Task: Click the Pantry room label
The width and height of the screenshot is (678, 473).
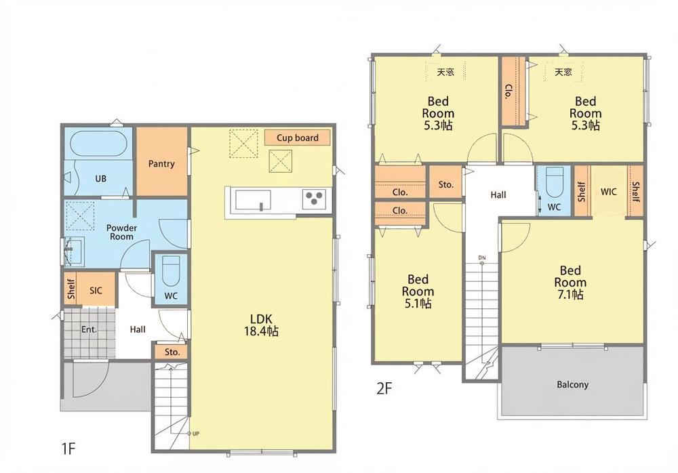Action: [161, 164]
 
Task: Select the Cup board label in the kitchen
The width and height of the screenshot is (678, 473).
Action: [297, 138]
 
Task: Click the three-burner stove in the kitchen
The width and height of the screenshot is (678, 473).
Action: [315, 199]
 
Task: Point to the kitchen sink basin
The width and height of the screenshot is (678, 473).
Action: [253, 200]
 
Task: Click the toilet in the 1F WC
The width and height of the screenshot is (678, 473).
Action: [171, 270]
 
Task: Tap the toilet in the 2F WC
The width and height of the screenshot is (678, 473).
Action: [555, 182]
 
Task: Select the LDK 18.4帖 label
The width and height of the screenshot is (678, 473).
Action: [261, 325]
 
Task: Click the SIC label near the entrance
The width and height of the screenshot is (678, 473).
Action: [96, 290]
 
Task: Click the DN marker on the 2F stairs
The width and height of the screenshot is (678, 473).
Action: [482, 258]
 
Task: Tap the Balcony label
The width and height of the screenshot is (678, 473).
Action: [572, 384]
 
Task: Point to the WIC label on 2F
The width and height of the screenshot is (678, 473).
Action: [608, 192]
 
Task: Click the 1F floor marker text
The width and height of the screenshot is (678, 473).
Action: [68, 449]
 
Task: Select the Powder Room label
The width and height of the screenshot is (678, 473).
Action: [121, 232]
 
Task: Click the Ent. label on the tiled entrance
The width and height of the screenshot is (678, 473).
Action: [89, 329]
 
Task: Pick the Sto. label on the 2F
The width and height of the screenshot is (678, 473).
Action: [446, 184]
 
